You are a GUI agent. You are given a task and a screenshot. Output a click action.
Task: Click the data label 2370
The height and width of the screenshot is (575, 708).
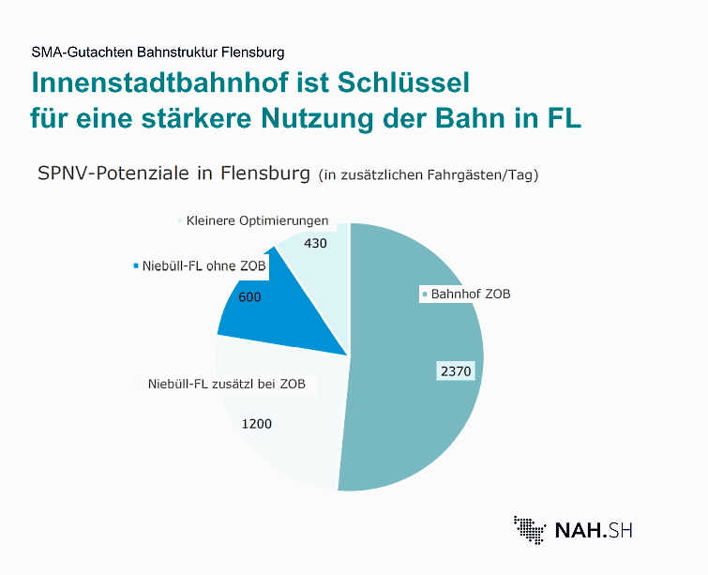point(456,371)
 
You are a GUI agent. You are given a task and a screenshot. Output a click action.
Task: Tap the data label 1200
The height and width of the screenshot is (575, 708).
point(256,424)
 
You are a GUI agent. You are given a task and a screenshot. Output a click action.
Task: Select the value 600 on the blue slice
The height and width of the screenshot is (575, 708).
point(250,297)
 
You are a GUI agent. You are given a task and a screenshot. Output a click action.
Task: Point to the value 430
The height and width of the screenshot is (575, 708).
point(317,243)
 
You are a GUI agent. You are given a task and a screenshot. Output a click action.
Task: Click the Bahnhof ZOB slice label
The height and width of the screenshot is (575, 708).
point(471,294)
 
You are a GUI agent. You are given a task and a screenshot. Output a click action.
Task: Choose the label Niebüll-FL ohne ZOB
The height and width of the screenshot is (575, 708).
point(203,266)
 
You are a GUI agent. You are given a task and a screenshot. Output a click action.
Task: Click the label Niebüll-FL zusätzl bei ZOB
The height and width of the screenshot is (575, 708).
point(227,385)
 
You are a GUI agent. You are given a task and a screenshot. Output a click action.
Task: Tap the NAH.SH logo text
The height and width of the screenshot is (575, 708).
point(594,530)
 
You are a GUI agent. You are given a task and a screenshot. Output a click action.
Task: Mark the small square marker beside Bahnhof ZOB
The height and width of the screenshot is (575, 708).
point(424,295)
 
